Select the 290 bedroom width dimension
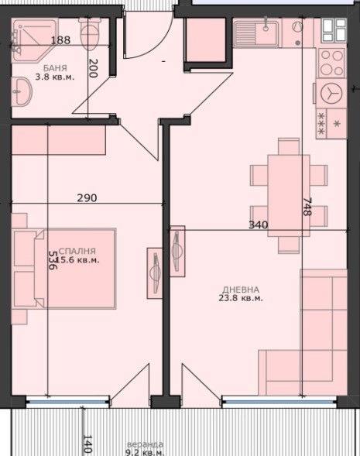87,197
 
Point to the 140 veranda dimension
87,444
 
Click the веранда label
146,444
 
